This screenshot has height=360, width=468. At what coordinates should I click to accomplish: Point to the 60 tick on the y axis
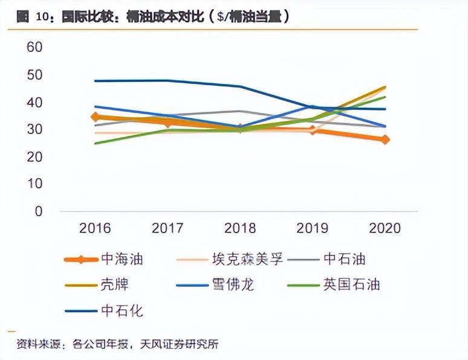coord(34,47)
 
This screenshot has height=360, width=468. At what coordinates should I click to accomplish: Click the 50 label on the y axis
coord(34,75)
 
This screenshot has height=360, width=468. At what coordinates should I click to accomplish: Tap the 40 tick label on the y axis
coord(34,103)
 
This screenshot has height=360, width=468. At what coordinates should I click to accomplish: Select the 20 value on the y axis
coord(34,157)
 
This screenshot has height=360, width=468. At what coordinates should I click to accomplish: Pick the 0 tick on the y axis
coord(39,211)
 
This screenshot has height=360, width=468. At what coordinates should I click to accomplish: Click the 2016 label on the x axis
coord(95,228)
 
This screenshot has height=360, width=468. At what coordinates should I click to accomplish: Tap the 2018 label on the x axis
coord(240,228)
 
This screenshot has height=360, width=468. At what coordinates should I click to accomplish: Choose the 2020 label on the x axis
coord(385,228)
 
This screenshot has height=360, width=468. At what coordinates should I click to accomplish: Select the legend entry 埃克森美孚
coord(245,260)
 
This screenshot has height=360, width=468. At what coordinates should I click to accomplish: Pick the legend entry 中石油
coord(345,260)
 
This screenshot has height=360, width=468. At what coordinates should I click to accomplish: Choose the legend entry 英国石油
coord(351,284)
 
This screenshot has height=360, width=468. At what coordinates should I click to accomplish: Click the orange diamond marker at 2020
coord(385,140)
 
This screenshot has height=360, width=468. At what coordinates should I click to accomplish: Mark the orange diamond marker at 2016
coord(96,117)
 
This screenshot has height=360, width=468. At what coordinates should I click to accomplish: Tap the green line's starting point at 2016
coord(96,143)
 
